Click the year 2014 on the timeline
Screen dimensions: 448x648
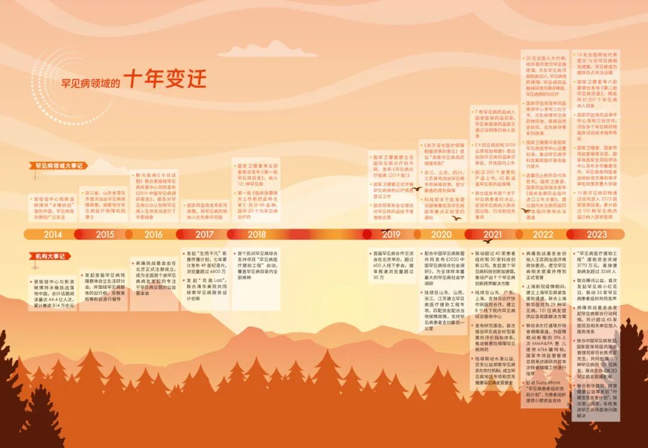coord(53,234)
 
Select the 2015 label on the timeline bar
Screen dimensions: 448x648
coord(104,234)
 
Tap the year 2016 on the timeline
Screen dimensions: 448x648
coord(153,234)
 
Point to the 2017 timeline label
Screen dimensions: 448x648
coord(204,234)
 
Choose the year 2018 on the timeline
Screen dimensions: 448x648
coord(256,234)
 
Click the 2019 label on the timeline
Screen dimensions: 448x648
coord(391,234)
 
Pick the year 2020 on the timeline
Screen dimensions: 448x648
coord(441,234)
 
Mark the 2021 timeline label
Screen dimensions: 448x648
coord(492,234)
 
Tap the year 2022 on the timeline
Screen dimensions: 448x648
coord(543,234)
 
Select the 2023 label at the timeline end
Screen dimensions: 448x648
coord(596,234)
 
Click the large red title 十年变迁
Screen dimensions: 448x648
coord(166,79)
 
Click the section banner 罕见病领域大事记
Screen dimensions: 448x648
coord(58,165)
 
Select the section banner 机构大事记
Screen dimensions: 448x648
coord(49,256)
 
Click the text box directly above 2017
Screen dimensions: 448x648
coord(204,211)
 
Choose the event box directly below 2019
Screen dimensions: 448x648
coord(391,265)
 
